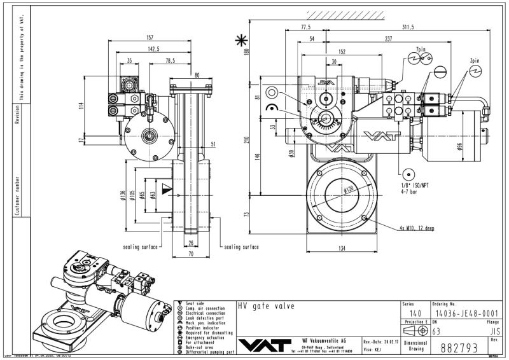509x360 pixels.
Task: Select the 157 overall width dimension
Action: (x=151, y=38)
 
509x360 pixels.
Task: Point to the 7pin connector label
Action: (x=418, y=48)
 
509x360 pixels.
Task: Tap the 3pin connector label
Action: (x=475, y=62)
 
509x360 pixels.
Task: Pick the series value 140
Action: (x=414, y=313)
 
